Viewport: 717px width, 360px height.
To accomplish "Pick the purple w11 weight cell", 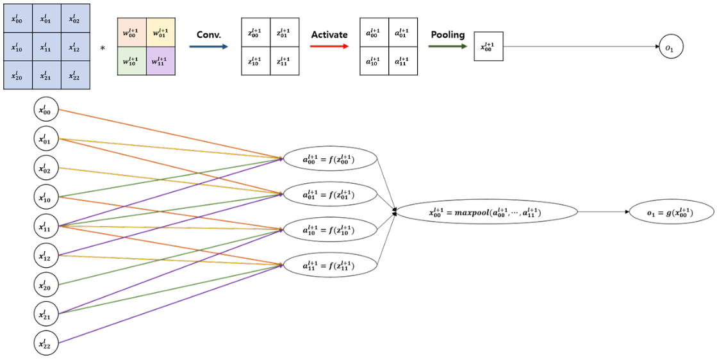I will [x=161, y=61].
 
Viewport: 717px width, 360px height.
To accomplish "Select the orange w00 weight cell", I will [x=132, y=33].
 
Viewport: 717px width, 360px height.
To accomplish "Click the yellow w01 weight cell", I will [x=161, y=33].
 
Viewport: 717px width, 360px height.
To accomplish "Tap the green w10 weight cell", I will [x=132, y=61].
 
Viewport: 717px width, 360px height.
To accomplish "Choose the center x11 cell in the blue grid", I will [x=46, y=47].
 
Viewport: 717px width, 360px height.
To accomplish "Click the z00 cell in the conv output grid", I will [x=256, y=33].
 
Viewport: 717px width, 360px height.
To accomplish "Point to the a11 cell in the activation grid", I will [x=402, y=61].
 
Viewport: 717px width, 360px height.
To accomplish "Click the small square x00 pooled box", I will [x=489, y=47].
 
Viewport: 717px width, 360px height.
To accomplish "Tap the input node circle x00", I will [x=45, y=110].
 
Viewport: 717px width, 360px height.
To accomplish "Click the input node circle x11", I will [x=45, y=225].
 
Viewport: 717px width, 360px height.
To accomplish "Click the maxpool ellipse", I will [x=488, y=211].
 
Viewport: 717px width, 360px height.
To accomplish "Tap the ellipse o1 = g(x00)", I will [x=671, y=211].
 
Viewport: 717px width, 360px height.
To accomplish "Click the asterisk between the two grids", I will [x=103, y=47].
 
